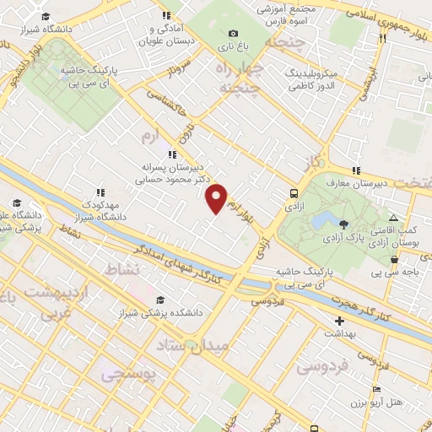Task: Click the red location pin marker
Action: (217, 197)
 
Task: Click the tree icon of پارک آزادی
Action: (344, 224)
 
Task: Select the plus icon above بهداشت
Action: (339, 321)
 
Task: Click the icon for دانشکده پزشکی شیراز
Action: (159, 300)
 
